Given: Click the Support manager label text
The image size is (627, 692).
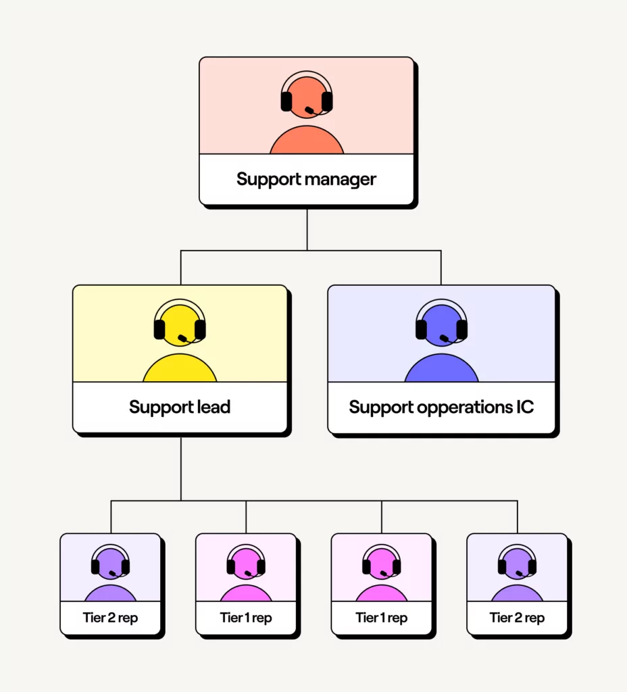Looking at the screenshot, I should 306,180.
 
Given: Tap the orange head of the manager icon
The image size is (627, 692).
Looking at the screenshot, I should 306,95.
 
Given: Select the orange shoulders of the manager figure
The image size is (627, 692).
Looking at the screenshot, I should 307,141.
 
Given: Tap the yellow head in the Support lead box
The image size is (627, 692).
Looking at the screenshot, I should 180,323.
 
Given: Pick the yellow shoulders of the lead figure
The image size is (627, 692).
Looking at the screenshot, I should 180,370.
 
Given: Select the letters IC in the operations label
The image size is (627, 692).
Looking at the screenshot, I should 524,407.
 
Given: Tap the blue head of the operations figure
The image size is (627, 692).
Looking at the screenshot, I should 441,323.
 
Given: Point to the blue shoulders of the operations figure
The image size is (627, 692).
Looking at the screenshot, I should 441,370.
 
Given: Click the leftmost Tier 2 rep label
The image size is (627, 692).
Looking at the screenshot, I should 110,618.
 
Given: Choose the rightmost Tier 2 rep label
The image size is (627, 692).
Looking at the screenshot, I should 517,618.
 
